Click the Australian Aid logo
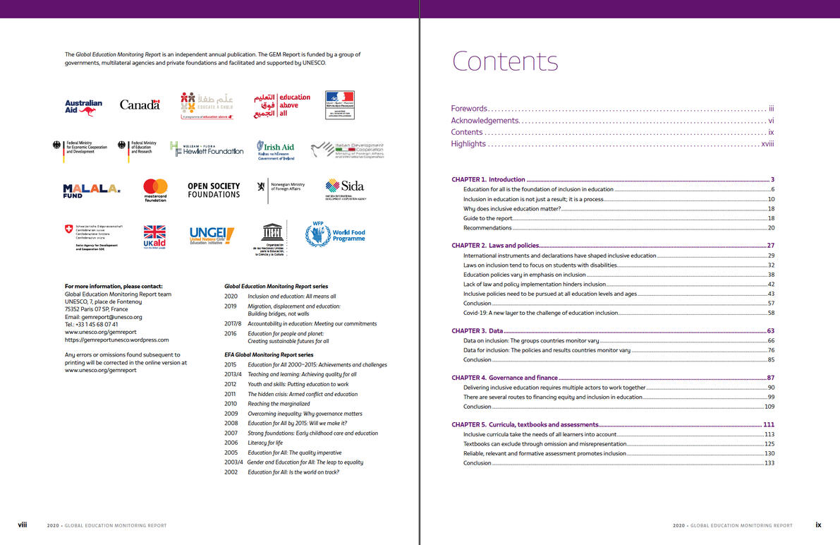83,107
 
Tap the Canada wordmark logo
140,104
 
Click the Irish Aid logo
276,150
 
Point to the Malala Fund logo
92,191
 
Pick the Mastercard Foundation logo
155,190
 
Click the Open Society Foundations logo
214,190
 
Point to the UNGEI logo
212,235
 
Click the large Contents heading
505,61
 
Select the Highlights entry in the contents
468,144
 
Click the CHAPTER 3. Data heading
477,330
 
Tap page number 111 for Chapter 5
768,424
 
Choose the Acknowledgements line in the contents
485,121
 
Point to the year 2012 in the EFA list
230,385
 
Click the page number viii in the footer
23,525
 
